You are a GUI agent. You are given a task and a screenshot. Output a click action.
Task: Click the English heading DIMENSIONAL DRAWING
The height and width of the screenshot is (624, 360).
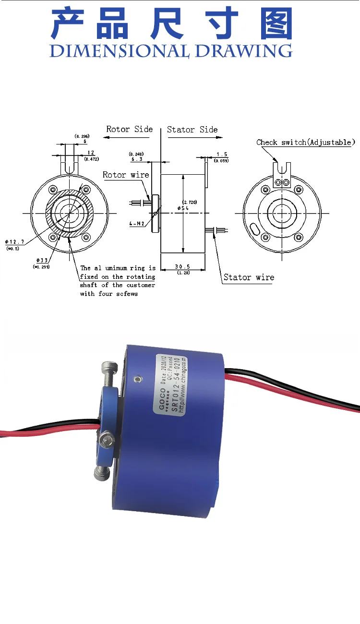(x=171, y=50)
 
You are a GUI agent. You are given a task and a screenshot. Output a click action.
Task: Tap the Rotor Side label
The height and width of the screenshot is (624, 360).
(x=129, y=129)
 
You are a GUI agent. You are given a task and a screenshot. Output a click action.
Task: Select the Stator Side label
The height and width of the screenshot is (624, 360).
(x=192, y=130)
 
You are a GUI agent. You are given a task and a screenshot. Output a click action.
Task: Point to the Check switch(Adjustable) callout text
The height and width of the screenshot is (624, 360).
(x=306, y=142)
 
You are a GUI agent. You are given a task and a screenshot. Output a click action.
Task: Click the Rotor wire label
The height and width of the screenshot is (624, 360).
(x=126, y=175)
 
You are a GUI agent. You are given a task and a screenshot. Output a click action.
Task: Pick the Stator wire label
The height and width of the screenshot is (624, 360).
(x=249, y=277)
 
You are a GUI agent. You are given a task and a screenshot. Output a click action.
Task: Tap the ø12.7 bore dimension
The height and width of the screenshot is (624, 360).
(x=15, y=242)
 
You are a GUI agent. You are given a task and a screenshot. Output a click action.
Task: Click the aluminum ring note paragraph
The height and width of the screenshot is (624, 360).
(x=118, y=281)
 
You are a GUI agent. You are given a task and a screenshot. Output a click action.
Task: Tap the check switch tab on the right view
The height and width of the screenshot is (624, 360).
(x=281, y=173)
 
